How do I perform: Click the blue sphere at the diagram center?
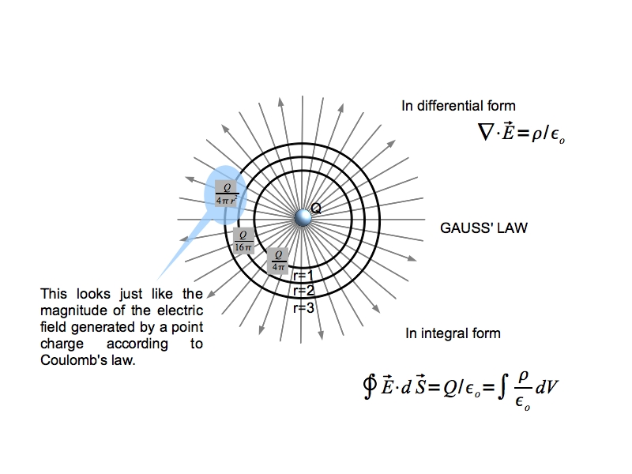tap(303, 218)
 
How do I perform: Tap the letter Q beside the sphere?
tap(316, 209)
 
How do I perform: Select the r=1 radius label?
tap(303, 276)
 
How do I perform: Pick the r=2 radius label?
tap(303, 292)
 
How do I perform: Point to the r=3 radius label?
tap(303, 308)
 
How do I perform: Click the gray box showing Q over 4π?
tap(277, 260)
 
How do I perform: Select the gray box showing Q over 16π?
tap(244, 240)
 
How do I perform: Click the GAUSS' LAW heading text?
tap(483, 228)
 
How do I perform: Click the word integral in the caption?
tap(465, 333)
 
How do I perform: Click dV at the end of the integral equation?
tap(547, 388)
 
